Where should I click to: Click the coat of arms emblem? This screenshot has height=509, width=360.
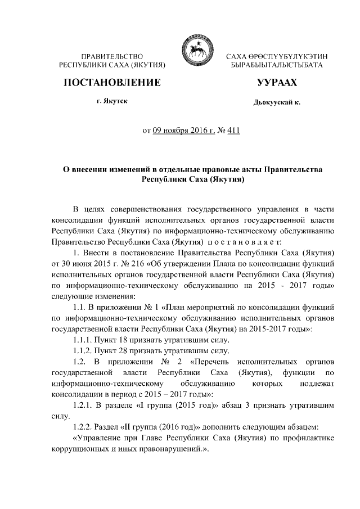(x=195, y=51)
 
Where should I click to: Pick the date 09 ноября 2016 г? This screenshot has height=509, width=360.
(x=181, y=131)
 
